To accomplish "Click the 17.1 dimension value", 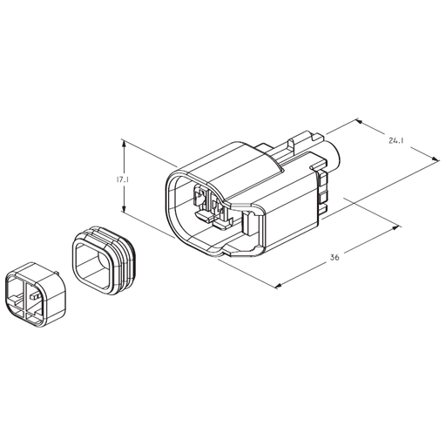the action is tap(123, 180).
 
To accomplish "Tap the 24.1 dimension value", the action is tap(396, 141).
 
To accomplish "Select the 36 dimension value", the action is tap(334, 257).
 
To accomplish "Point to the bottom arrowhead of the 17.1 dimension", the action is tap(125, 209).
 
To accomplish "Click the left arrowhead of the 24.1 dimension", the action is tap(360, 121).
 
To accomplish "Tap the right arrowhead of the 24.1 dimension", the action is tap(436, 159).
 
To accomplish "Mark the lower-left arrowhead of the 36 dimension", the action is tap(278, 286).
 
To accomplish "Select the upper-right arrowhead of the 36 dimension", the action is tap(396, 228).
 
